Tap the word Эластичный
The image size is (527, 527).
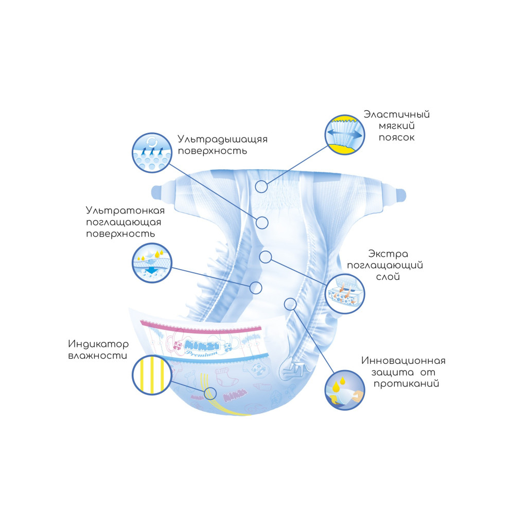pos(396,114)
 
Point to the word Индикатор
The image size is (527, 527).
pos(98,344)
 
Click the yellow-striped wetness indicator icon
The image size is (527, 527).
pos(151,374)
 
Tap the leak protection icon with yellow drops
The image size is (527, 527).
pos(345,390)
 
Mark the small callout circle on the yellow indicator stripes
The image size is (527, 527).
pos(209,394)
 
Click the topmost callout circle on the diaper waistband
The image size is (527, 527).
pos(261,186)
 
